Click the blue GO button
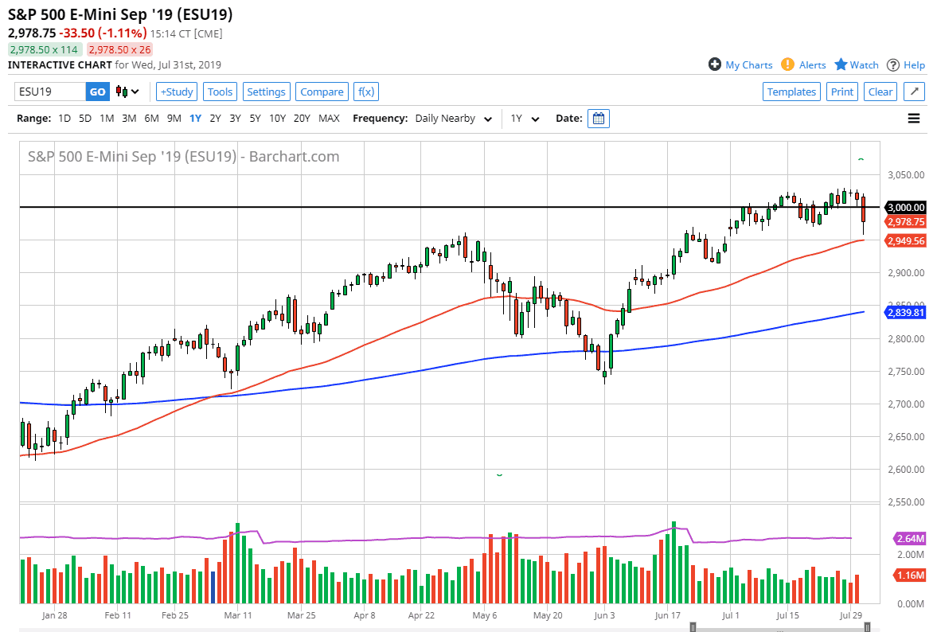point(97,92)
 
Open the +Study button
point(176,92)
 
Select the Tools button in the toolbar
point(220,92)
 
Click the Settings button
point(266,92)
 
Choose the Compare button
point(322,92)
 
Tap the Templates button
point(791,92)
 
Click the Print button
point(841,92)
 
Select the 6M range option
point(151,119)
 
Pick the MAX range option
point(329,119)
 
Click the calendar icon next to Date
point(599,119)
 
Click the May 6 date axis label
point(485,615)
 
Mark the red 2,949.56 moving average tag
point(906,240)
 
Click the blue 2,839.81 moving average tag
point(906,313)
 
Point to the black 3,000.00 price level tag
point(906,207)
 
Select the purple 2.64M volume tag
point(910,538)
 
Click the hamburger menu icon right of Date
point(914,119)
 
